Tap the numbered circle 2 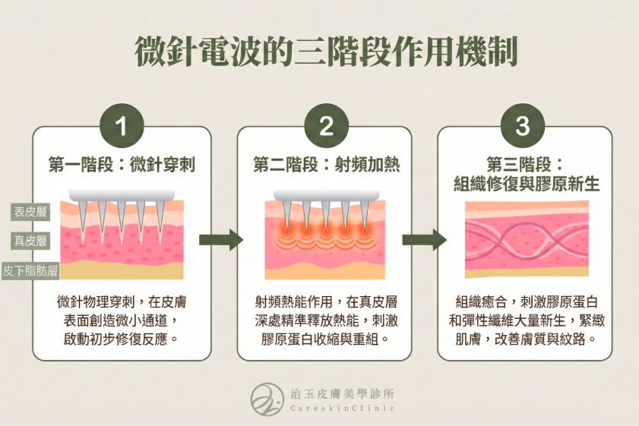326,126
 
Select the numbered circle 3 522,126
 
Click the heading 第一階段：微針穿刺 121,165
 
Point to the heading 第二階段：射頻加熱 326,165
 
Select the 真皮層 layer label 30,241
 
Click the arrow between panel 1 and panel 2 220,240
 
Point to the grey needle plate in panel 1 122,196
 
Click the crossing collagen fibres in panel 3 524,240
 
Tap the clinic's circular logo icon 265,399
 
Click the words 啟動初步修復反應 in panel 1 122,335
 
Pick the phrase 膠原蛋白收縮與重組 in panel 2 325,335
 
